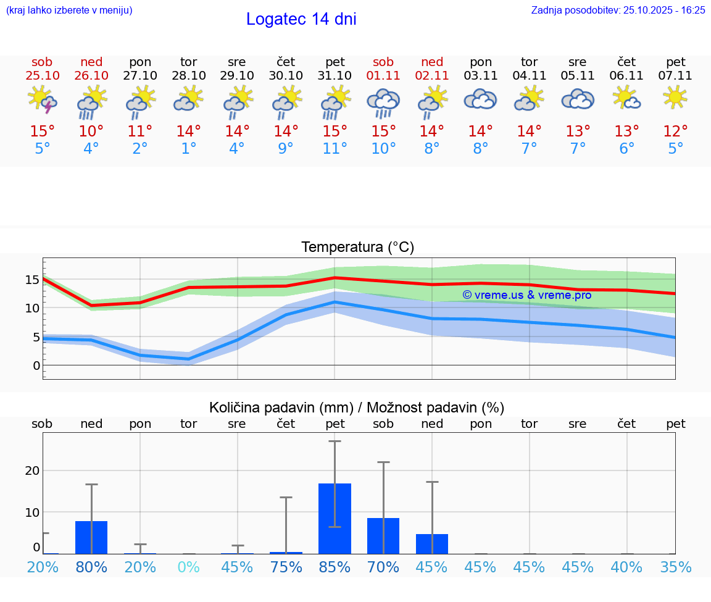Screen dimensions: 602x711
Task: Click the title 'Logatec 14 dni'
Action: tap(301, 19)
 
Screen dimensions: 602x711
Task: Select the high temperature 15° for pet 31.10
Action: tap(335, 131)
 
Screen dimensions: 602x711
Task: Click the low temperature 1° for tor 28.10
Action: tap(188, 148)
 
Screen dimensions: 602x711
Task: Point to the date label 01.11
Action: tap(383, 76)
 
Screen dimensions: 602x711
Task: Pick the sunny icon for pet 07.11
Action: tap(675, 97)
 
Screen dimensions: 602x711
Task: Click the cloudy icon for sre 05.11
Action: tap(578, 99)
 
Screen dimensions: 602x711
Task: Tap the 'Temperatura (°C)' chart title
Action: tap(357, 248)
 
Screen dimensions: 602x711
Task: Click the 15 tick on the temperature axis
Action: tap(33, 280)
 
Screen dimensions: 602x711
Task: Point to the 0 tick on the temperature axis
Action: tap(36, 366)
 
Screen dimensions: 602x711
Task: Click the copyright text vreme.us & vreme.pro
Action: tap(527, 295)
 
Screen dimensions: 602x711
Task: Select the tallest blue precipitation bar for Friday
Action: tap(335, 519)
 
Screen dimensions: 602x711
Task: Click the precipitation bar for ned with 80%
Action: tap(91, 537)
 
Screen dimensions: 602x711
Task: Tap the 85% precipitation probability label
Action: tap(335, 567)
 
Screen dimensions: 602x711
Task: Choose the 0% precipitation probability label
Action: tap(188, 567)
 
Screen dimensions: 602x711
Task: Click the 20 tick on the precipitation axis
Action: tap(33, 470)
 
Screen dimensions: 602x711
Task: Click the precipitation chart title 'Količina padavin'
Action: tap(356, 408)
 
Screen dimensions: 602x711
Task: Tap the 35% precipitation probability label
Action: tap(675, 567)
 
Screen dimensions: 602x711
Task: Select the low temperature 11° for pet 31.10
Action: tap(335, 148)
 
